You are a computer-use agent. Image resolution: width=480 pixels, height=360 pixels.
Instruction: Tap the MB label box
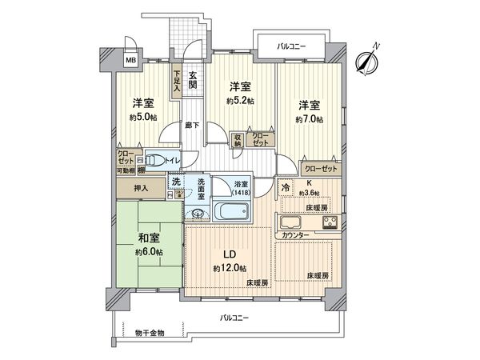coord(130,59)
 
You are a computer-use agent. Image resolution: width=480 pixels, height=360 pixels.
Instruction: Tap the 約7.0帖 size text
coord(308,119)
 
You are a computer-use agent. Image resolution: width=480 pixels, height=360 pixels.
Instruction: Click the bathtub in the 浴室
coord(234,212)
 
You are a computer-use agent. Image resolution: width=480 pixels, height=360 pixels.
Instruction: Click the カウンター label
coord(294,237)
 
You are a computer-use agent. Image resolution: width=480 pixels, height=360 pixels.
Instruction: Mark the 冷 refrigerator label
coord(286,186)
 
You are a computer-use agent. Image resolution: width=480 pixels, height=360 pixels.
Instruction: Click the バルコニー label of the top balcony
coord(293,46)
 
